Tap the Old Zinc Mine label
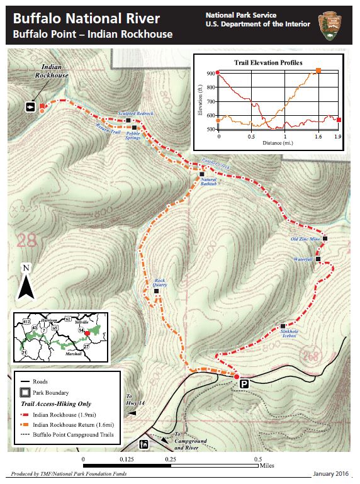coord(306,239)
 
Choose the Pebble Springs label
coord(133,135)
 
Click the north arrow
coord(26,283)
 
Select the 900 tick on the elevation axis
coord(209,74)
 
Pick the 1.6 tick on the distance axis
coord(318,136)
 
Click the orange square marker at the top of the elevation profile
coord(318,70)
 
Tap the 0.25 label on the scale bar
coord(170,459)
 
